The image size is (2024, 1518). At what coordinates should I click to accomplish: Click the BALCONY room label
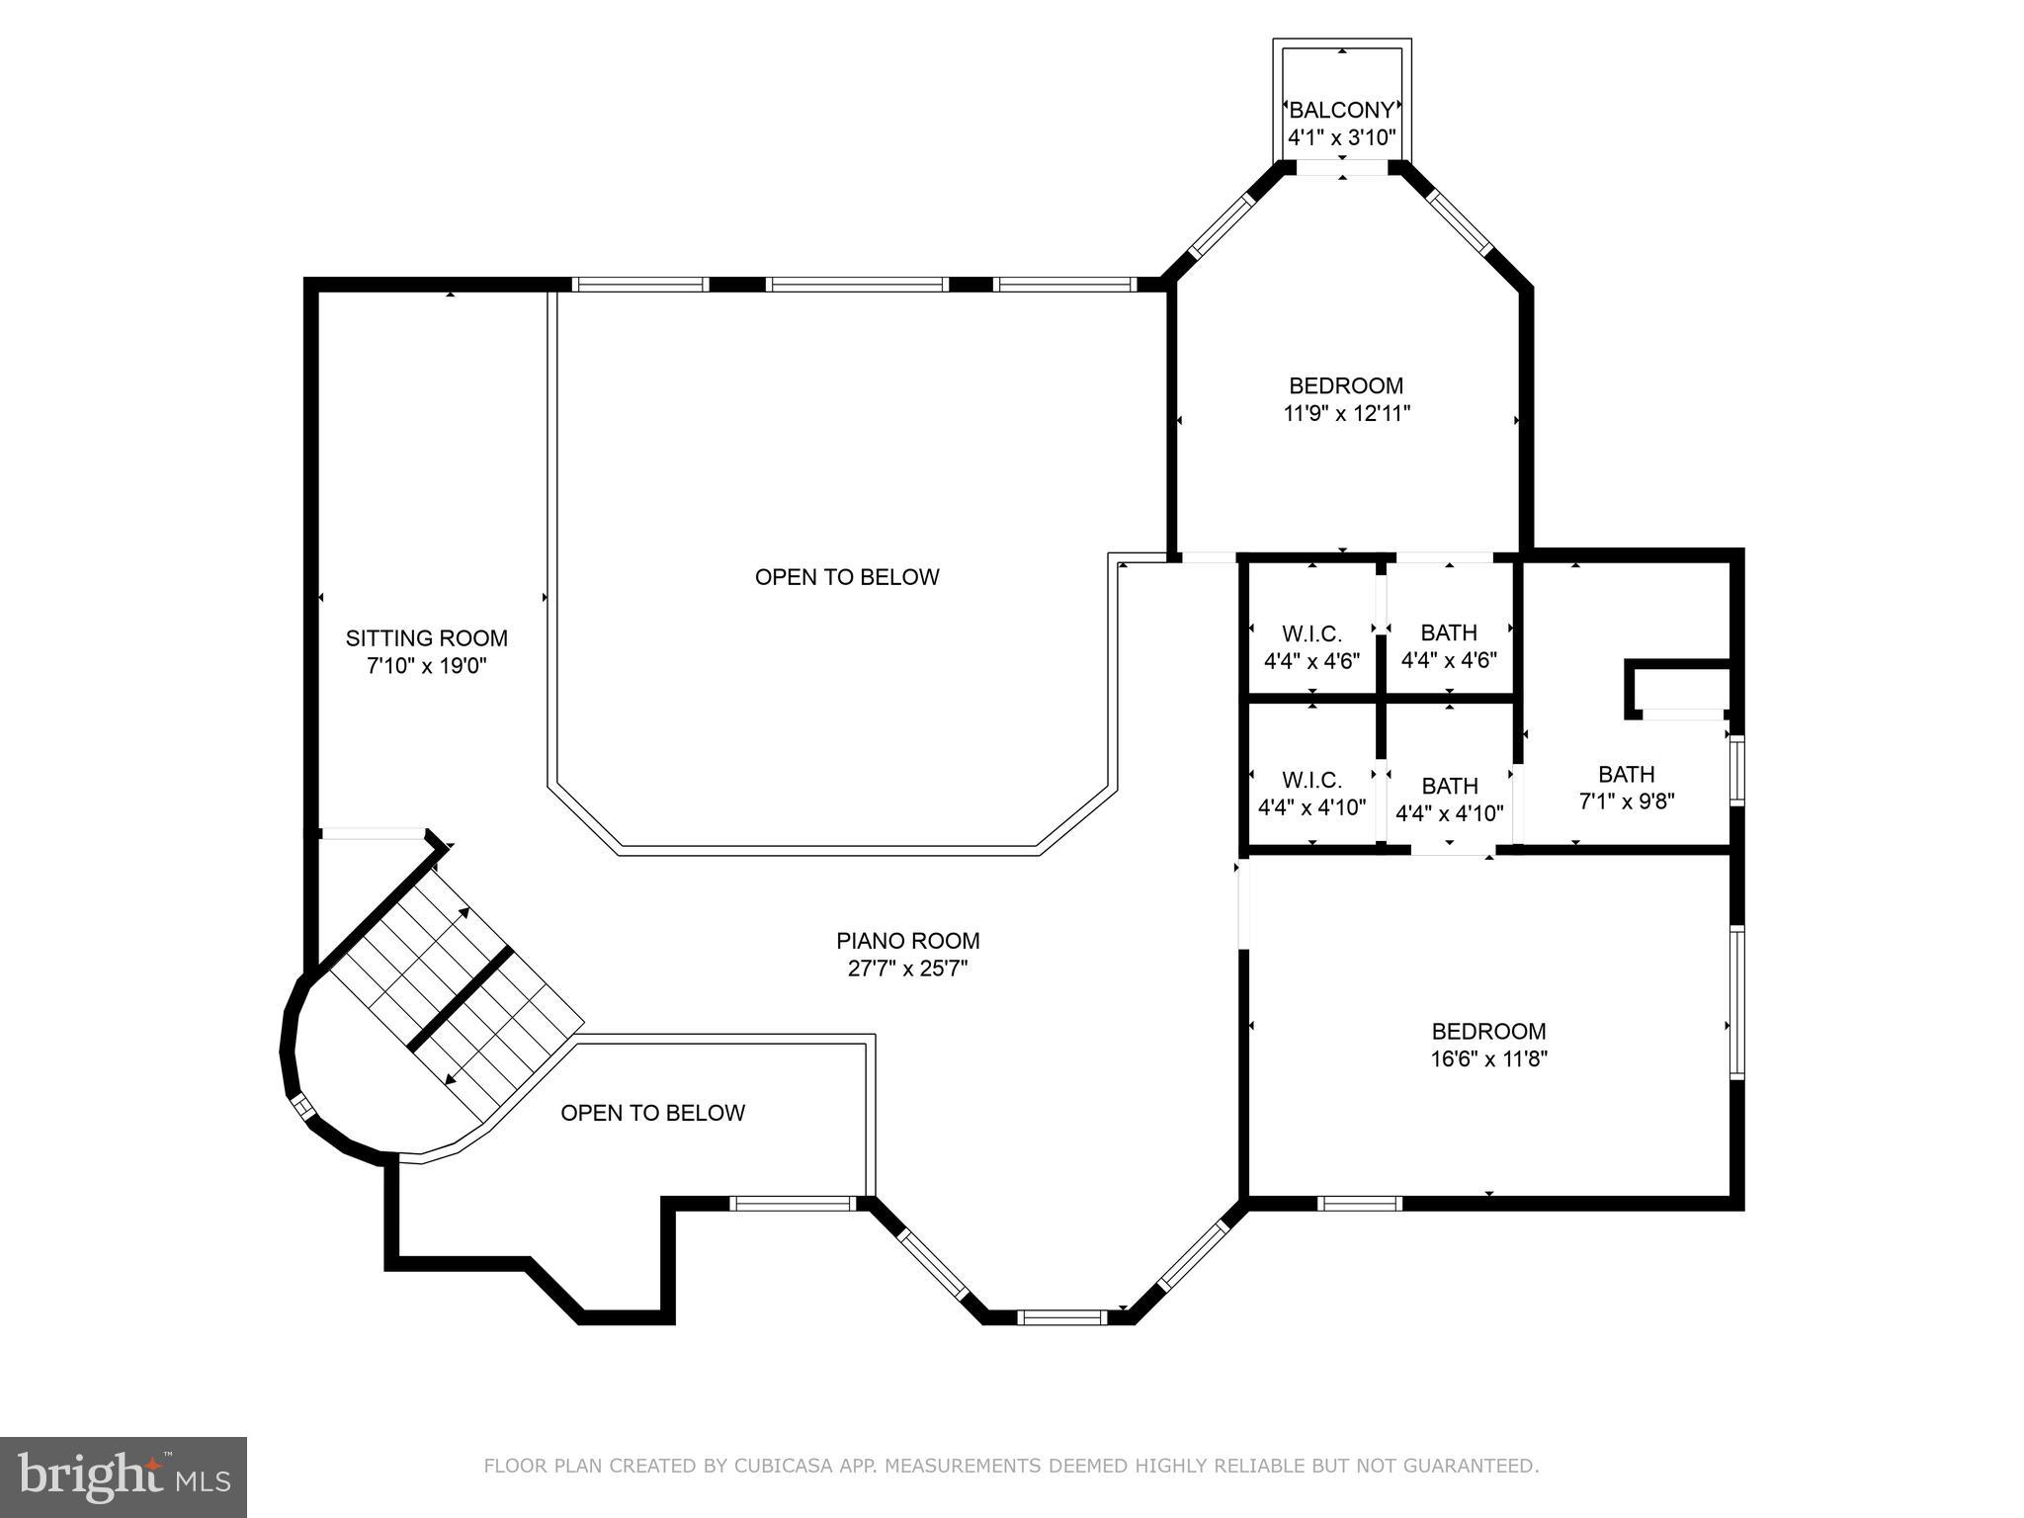pyautogui.click(x=1341, y=110)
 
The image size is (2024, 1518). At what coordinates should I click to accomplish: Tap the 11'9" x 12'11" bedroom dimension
pyautogui.click(x=1346, y=414)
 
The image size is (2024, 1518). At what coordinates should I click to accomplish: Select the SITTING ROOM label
pyautogui.click(x=426, y=638)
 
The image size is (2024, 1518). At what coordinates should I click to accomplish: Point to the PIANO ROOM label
pyautogui.click(x=907, y=941)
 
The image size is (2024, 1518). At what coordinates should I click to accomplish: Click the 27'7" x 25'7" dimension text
pyautogui.click(x=907, y=969)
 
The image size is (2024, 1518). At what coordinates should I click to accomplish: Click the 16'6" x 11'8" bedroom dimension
pyautogui.click(x=1488, y=1059)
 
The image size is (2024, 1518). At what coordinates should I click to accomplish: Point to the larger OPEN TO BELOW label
pyautogui.click(x=847, y=577)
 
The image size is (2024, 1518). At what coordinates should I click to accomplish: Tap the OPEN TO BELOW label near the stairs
pyautogui.click(x=652, y=1113)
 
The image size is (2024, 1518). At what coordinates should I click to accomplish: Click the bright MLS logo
pyautogui.click(x=124, y=1477)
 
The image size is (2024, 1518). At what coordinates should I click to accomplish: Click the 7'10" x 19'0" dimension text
pyautogui.click(x=426, y=666)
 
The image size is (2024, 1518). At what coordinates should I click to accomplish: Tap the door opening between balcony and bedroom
pyautogui.click(x=1341, y=169)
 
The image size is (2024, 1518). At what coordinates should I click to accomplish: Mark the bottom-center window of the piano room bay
pyautogui.click(x=1062, y=1316)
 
